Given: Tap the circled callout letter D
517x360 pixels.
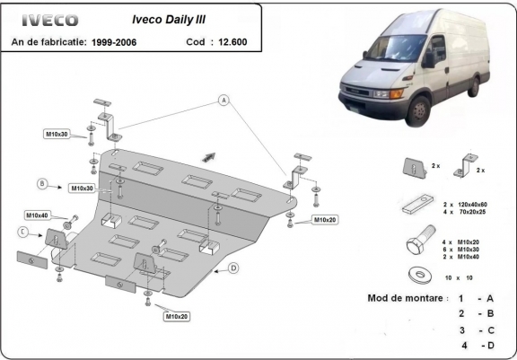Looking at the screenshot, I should coord(232,268).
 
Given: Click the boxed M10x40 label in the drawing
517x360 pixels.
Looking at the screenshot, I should coord(38,215).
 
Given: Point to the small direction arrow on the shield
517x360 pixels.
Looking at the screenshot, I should coord(210,154).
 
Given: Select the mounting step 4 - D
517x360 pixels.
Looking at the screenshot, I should coord(477,345).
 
